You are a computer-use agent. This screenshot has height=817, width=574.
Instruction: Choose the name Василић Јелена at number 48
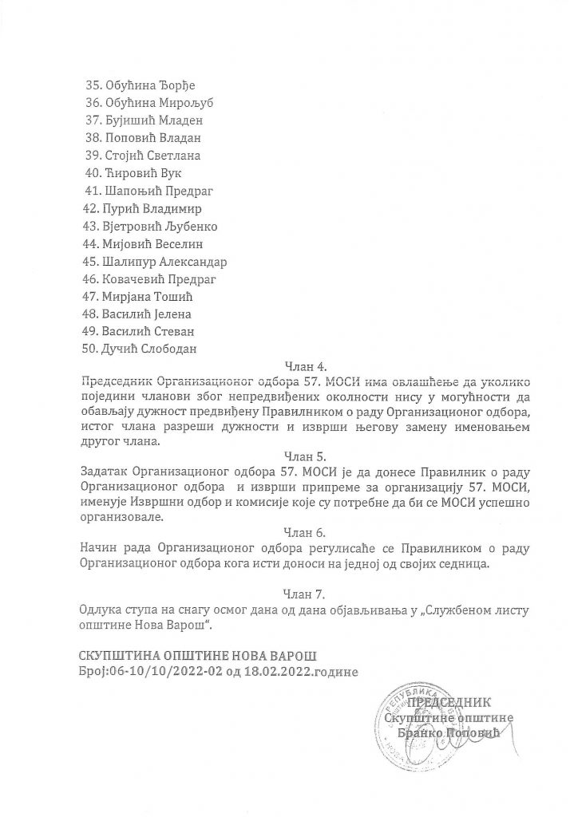coord(147,314)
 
